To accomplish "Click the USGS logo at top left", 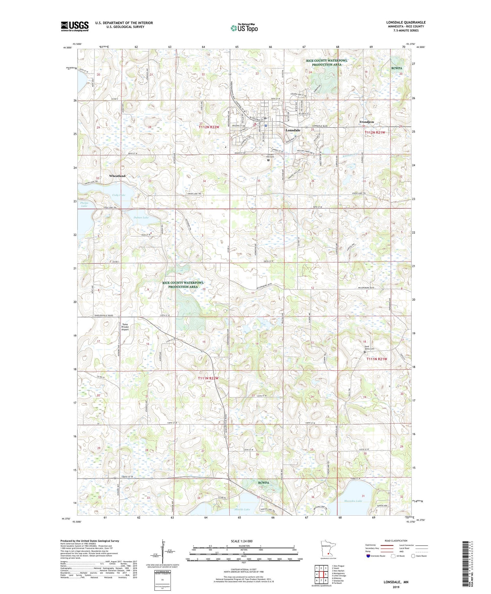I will tap(75, 26).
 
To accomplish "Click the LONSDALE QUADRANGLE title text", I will tap(406, 22).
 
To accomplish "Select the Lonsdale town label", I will tap(293, 130).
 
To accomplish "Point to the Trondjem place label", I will tap(366, 122).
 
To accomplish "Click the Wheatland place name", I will tap(117, 176).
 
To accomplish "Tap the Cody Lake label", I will tap(118, 195).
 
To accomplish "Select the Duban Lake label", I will tap(141, 217).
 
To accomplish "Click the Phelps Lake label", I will tap(84, 204).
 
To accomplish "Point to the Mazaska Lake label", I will tap(353, 501).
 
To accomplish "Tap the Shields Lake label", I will tap(242, 509).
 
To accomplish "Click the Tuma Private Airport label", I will tap(125, 327).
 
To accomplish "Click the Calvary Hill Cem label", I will tap(270, 156).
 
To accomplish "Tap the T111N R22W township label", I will tap(208, 378).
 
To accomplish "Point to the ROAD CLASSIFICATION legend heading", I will tap(396, 541).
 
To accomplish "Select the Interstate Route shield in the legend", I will tap(368, 556).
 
